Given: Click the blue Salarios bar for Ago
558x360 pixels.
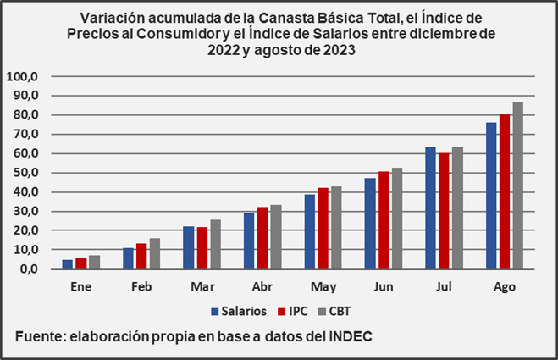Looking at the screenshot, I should tap(491, 196).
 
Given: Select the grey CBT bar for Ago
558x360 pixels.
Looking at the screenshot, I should tap(518, 186).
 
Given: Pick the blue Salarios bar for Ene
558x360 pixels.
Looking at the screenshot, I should tap(67, 264).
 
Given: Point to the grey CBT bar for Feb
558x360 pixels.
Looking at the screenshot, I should tap(154, 253).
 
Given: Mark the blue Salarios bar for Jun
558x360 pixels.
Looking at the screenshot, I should tap(370, 224).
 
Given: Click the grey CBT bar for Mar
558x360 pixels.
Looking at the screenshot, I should tap(215, 244).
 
